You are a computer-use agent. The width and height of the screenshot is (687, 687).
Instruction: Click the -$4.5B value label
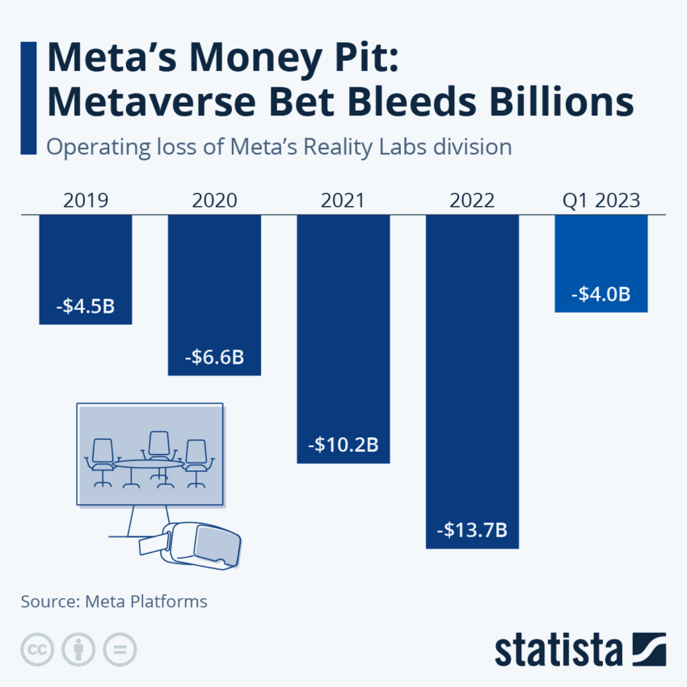tap(86, 308)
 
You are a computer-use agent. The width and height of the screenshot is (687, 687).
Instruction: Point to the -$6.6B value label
tap(214, 356)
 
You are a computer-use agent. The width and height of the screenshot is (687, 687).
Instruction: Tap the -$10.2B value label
tap(343, 445)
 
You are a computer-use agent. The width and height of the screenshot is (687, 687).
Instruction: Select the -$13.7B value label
tap(472, 530)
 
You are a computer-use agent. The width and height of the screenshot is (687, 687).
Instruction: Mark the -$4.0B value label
tap(601, 294)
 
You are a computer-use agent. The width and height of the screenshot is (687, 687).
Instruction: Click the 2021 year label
tap(343, 200)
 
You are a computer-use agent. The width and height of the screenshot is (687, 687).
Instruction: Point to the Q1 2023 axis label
tap(601, 200)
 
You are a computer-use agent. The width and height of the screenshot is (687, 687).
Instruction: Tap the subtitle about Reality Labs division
tap(279, 147)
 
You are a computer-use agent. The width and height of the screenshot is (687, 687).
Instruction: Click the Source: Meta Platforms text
tap(114, 601)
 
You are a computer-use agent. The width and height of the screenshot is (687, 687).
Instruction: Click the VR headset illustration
tap(199, 543)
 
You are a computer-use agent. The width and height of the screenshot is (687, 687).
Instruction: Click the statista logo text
tap(558, 649)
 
